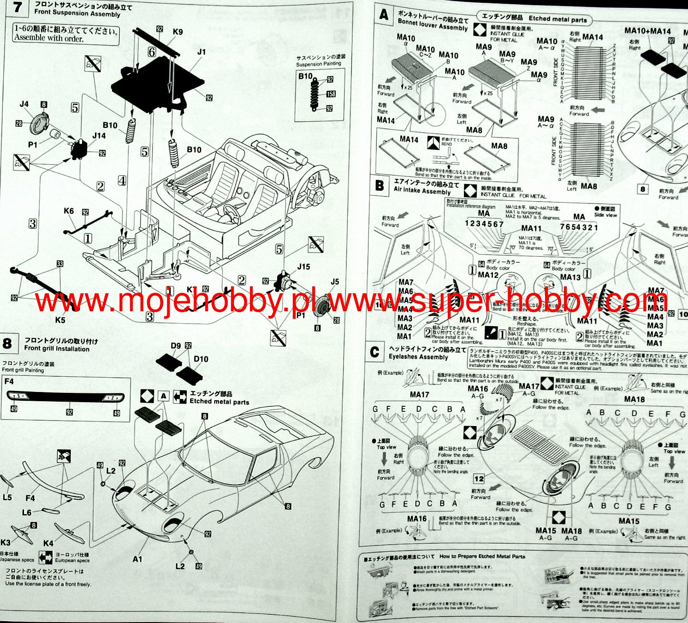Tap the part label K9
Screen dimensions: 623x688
click(x=178, y=32)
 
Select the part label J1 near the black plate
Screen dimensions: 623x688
click(x=202, y=52)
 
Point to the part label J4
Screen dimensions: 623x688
click(x=24, y=104)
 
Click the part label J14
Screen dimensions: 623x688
click(x=99, y=136)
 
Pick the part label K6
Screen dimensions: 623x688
click(x=69, y=211)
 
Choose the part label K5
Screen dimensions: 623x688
click(x=60, y=320)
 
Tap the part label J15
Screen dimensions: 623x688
click(x=304, y=267)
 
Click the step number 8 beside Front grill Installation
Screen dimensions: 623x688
click(x=7, y=344)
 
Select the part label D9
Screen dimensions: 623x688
click(x=176, y=346)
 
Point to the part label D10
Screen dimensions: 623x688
click(x=201, y=359)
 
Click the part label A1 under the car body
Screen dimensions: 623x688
click(x=137, y=559)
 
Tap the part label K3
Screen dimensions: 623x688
click(x=6, y=542)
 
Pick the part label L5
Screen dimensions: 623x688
click(x=7, y=498)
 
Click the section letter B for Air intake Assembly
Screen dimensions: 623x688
click(x=380, y=185)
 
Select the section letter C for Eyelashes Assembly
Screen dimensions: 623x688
click(x=375, y=352)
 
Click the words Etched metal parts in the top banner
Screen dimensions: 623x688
click(x=558, y=19)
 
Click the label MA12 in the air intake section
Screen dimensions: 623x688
click(x=488, y=275)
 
